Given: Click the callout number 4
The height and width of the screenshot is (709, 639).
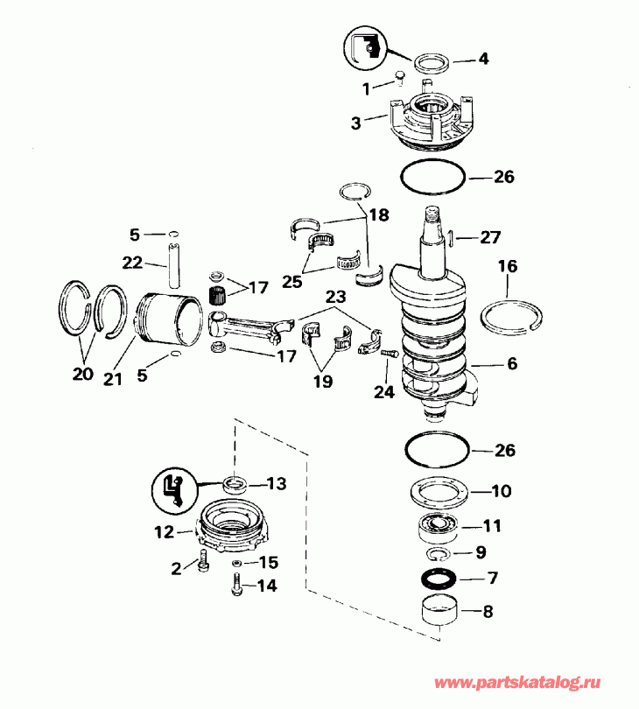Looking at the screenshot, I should coord(482,60).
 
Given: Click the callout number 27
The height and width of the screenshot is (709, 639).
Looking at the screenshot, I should coord(490,236).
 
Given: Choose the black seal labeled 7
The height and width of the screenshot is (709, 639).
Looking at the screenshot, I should coord(434,579).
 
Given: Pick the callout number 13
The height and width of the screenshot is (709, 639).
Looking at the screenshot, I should coord(277,483).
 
